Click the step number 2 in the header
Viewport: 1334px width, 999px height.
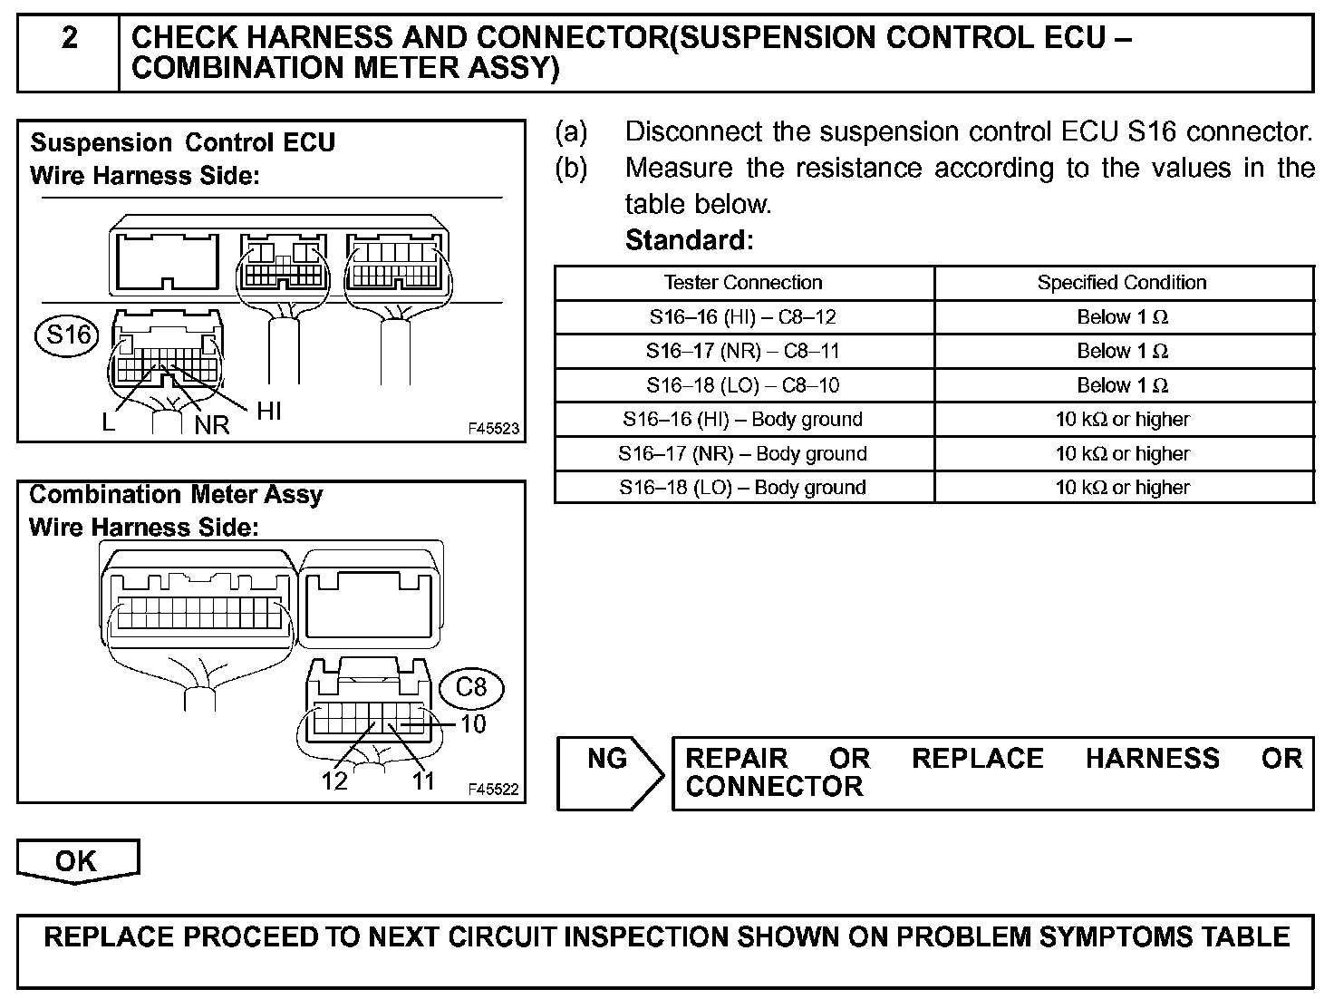point(69,38)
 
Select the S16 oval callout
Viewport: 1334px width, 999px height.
point(69,335)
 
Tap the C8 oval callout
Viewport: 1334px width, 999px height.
point(470,687)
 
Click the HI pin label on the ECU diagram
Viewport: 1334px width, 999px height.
point(269,411)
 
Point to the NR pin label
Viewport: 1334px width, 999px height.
point(212,424)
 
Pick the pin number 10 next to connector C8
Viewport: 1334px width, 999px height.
point(473,723)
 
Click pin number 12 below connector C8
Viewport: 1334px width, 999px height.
point(333,780)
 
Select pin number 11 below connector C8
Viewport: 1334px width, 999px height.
point(424,780)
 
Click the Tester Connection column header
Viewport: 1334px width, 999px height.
point(743,282)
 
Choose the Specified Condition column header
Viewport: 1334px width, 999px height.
point(1122,282)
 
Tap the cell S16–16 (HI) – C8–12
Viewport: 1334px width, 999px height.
point(743,316)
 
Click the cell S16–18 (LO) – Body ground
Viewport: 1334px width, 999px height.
point(743,487)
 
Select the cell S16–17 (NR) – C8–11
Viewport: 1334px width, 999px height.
point(743,351)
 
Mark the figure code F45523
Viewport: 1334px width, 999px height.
point(494,428)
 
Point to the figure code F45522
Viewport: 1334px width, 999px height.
point(494,790)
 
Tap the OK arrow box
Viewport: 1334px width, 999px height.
point(77,860)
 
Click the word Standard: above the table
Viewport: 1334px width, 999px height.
point(689,240)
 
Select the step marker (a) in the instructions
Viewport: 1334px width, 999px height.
point(571,132)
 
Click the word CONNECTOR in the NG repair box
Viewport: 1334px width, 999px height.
point(774,786)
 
